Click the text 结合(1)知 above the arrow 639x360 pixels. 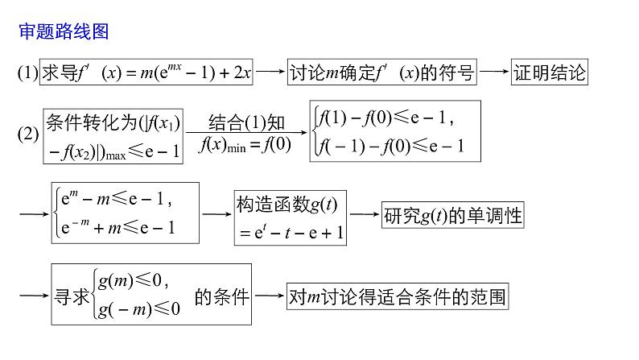click(246, 123)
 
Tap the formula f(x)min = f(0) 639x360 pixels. click(246, 147)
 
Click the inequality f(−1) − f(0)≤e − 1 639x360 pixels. click(391, 147)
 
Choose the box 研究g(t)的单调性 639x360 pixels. click(452, 215)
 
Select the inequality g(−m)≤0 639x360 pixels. click(138, 308)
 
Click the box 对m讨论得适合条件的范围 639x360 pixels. click(398, 296)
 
